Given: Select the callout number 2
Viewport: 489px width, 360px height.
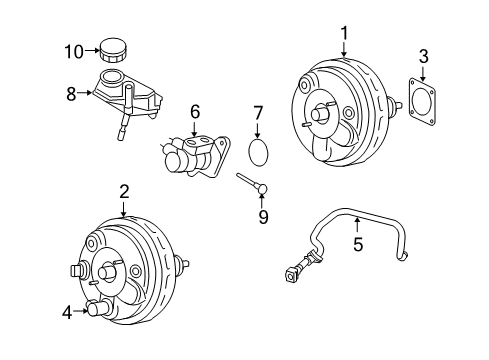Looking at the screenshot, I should pos(124,190).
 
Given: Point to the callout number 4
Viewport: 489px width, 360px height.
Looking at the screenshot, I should pos(68,312).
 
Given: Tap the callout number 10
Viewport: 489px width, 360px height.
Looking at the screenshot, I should pos(73,50).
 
